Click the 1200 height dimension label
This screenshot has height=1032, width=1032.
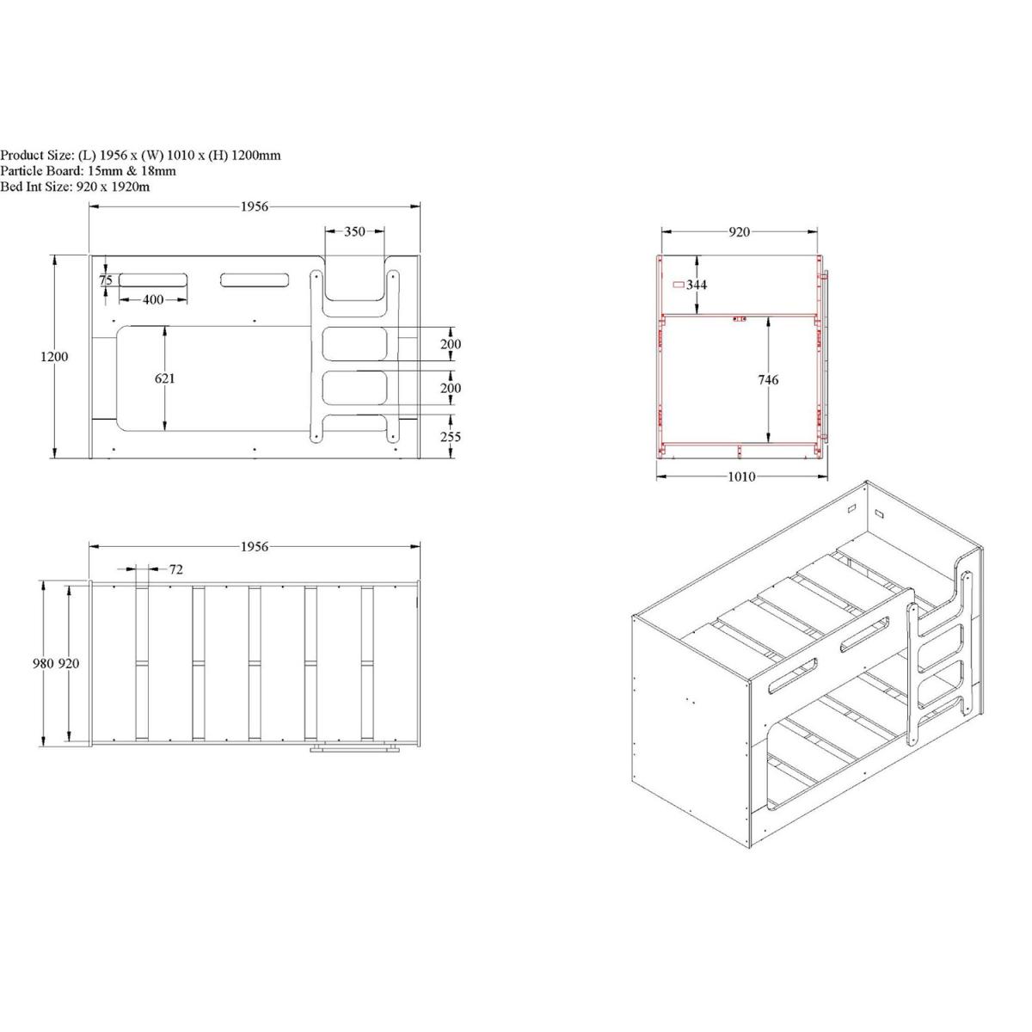click(54, 357)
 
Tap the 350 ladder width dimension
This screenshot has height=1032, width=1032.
click(354, 231)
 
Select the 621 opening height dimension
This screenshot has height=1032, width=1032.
click(165, 378)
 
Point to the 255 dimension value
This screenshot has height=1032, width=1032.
click(451, 437)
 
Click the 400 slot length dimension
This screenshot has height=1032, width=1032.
click(153, 300)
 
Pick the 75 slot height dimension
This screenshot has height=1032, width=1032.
click(106, 280)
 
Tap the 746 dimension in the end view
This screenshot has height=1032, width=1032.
click(768, 380)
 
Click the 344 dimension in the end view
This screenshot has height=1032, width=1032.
click(697, 285)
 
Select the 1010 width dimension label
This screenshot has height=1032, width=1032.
click(741, 476)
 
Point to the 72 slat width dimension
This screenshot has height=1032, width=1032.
click(176, 569)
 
